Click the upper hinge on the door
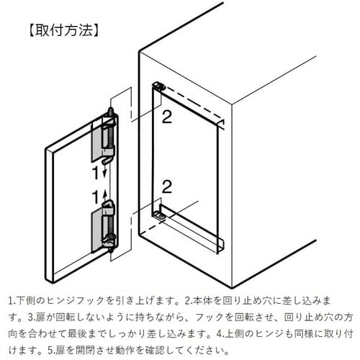coord(107,137)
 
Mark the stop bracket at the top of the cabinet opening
coord(158,86)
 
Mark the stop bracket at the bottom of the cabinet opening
coord(160,213)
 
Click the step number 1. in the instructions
coord(12,299)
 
